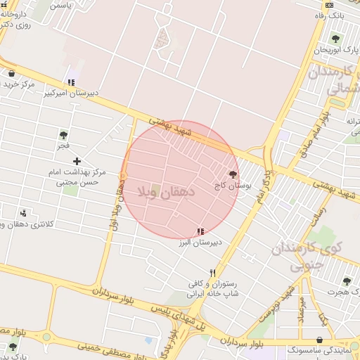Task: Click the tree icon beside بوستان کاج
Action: coord(233,174)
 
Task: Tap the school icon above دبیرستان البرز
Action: coord(200,231)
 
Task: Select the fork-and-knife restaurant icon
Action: coord(212,274)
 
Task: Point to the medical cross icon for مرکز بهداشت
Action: coord(77,162)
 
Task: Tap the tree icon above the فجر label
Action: coord(63,135)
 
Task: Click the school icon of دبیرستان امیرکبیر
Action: coord(71,82)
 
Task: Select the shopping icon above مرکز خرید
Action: coord(11,73)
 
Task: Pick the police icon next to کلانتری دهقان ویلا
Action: coord(24,212)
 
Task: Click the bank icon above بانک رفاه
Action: coord(329,5)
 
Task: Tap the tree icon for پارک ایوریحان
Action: coord(335,39)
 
